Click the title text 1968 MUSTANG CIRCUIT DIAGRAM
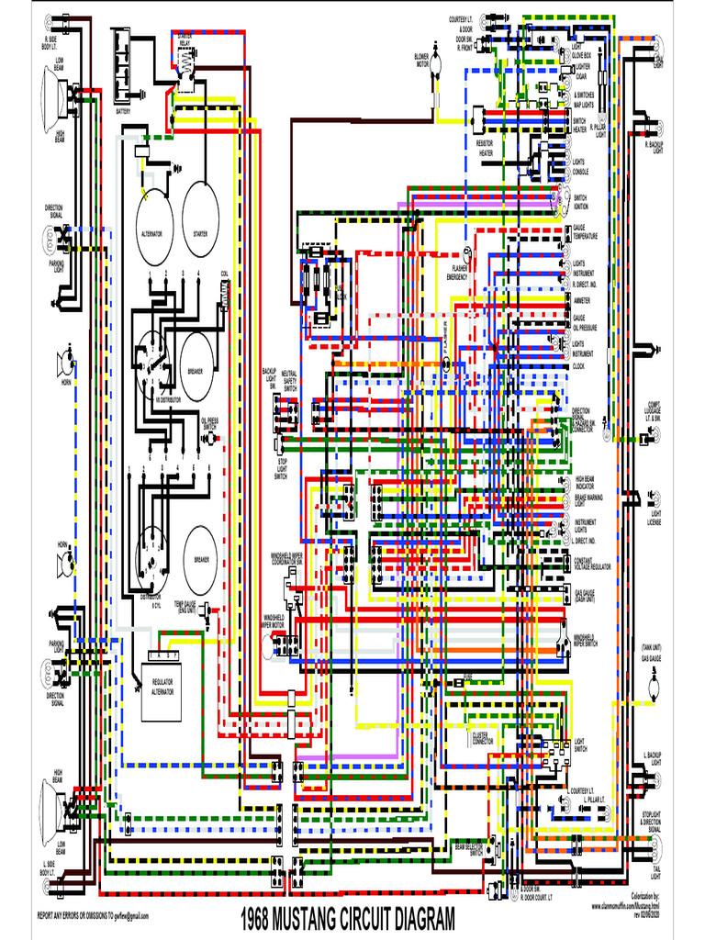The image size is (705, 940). point(348,919)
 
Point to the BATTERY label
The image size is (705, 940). point(123,111)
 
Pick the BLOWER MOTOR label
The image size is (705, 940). point(422,61)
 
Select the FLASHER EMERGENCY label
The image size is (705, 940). point(457,274)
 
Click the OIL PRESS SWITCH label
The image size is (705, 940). point(209,424)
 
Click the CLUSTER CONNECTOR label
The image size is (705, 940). point(483,736)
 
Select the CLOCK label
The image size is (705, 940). point(578,366)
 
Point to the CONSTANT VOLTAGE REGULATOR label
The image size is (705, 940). point(592,564)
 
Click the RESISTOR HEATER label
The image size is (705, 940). point(485,148)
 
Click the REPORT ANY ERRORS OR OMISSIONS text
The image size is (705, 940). point(92,916)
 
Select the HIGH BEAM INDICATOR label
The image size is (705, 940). point(587,481)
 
